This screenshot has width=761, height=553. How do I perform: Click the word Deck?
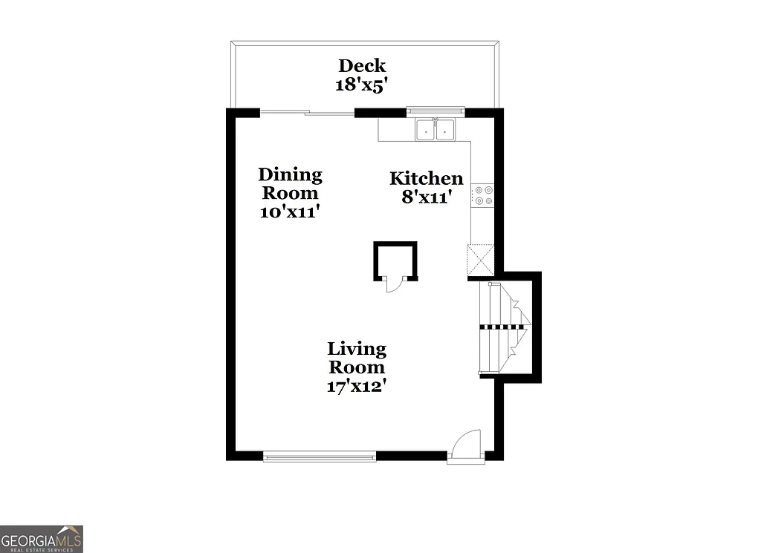click(x=362, y=65)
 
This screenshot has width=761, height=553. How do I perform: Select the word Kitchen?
click(x=427, y=178)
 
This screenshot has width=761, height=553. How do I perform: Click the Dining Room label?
click(x=290, y=184)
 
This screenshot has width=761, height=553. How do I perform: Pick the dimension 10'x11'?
click(x=290, y=212)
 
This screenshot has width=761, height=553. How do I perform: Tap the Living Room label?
click(x=357, y=358)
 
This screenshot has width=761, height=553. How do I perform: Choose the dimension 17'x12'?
click(x=357, y=386)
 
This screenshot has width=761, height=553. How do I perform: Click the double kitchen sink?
click(x=435, y=129)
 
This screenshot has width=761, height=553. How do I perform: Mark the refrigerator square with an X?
click(x=481, y=260)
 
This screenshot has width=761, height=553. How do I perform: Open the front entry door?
click(x=466, y=448)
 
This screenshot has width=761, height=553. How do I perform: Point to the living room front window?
click(x=320, y=456)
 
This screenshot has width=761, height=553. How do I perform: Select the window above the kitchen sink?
click(x=435, y=111)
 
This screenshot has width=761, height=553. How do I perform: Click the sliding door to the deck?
click(x=307, y=113)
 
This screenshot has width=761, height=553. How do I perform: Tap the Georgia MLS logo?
click(x=42, y=538)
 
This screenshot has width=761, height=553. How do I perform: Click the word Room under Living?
click(x=357, y=367)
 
